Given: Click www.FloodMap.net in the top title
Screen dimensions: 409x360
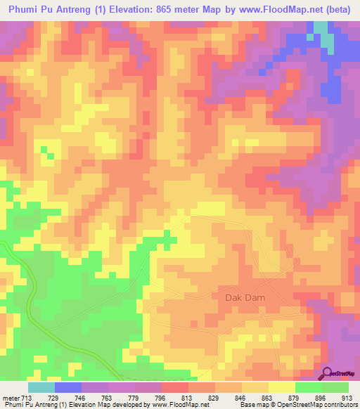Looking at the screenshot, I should point(276,9).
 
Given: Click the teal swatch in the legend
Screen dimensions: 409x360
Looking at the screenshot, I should point(41,387).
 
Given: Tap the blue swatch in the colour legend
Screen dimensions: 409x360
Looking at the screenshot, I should point(67,387).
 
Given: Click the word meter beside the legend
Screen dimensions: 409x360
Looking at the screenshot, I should point(11,398).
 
